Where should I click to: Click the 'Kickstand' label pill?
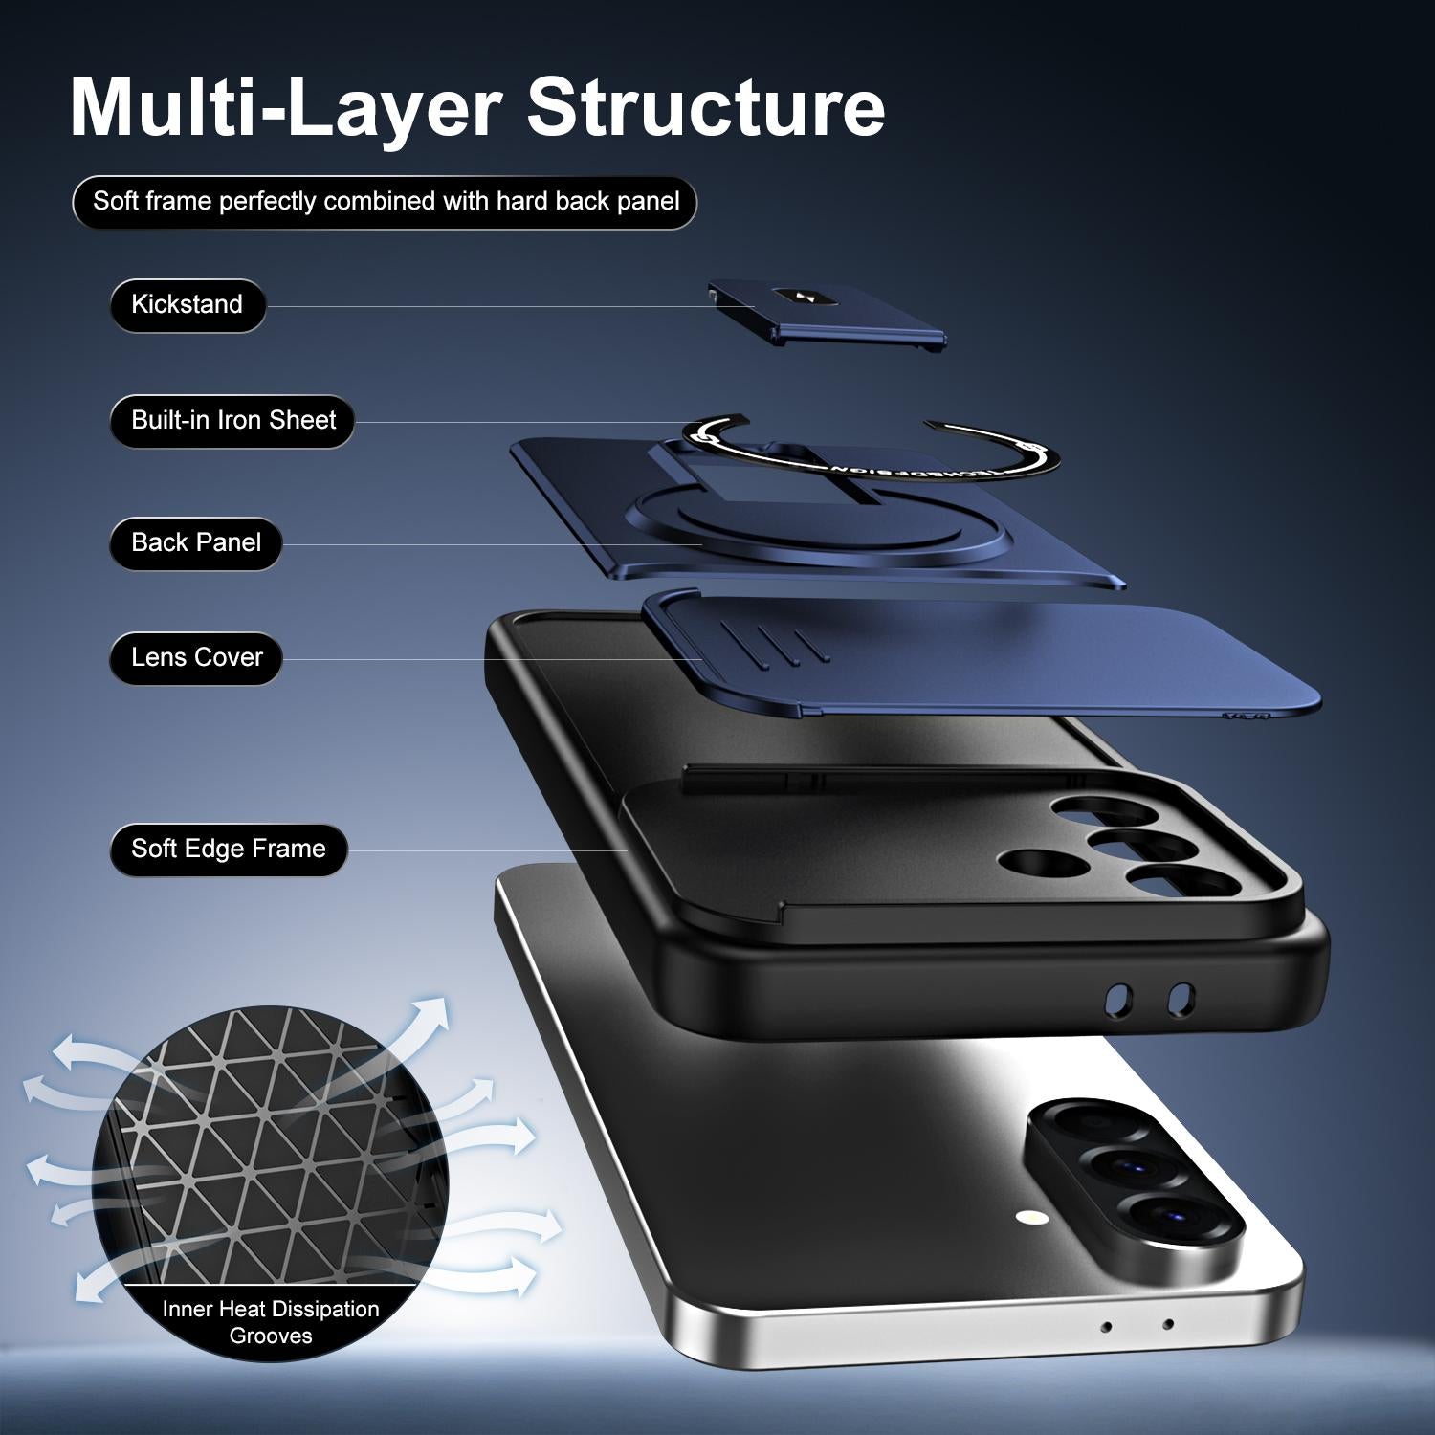tap(188, 305)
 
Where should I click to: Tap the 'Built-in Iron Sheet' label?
tap(232, 421)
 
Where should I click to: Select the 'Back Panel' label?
tap(196, 543)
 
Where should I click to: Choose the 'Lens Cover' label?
tap(196, 658)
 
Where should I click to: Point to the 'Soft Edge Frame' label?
tap(229, 850)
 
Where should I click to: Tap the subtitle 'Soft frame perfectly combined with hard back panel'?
tap(386, 202)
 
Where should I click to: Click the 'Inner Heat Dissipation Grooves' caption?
tap(271, 1322)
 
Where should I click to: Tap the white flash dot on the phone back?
tap(1030, 1219)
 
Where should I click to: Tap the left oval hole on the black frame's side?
tap(1117, 1000)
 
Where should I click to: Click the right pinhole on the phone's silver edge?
tap(1168, 1325)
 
